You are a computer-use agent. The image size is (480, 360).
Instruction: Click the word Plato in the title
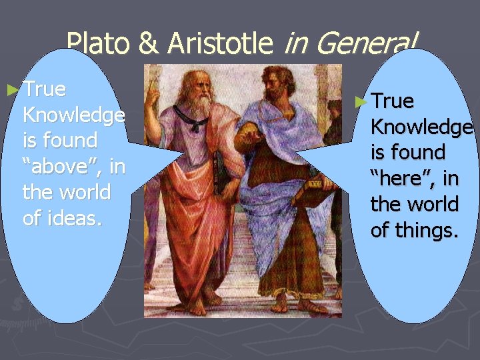pyautogui.click(x=99, y=43)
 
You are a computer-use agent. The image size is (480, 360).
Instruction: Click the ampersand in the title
pyautogui.click(x=150, y=44)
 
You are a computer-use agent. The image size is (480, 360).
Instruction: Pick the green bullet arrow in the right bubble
pyautogui.click(x=361, y=101)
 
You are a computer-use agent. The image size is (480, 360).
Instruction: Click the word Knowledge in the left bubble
pyautogui.click(x=73, y=115)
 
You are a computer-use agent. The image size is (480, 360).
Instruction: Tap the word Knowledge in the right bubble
pyautogui.click(x=421, y=127)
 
